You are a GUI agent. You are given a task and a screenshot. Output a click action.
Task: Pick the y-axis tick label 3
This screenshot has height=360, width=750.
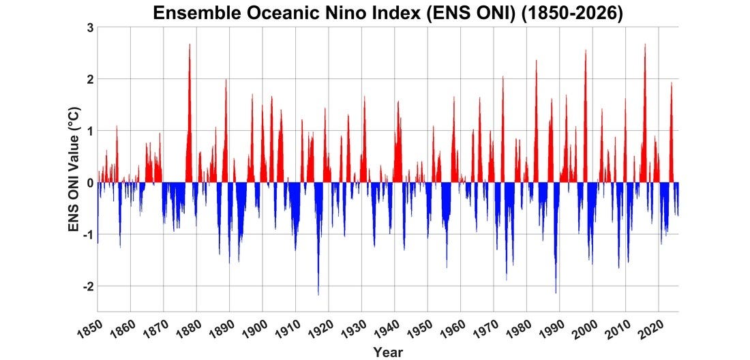pos(89,27)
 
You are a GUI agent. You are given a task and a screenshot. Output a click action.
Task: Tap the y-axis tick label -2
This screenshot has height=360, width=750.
pos(87,286)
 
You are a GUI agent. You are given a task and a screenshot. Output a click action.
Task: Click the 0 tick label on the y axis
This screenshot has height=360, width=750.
pos(89,183)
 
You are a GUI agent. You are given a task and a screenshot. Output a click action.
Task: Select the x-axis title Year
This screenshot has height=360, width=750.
pos(388,352)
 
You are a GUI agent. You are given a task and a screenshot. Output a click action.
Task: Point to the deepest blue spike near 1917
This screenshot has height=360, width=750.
pos(318,295)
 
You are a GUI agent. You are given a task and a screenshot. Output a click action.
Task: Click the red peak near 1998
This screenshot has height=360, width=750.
pos(586,50)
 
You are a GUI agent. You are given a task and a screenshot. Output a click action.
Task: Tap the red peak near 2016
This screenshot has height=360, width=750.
pos(645,44)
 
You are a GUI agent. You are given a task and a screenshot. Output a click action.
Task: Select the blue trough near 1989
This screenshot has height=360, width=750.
pos(556,292)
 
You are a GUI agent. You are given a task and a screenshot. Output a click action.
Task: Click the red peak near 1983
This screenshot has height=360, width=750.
pos(536,60)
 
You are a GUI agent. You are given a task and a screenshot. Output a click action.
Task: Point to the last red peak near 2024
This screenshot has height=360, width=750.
pos(672,82)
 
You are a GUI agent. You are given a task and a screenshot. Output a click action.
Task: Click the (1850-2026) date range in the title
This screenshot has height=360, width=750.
pos(572,14)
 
